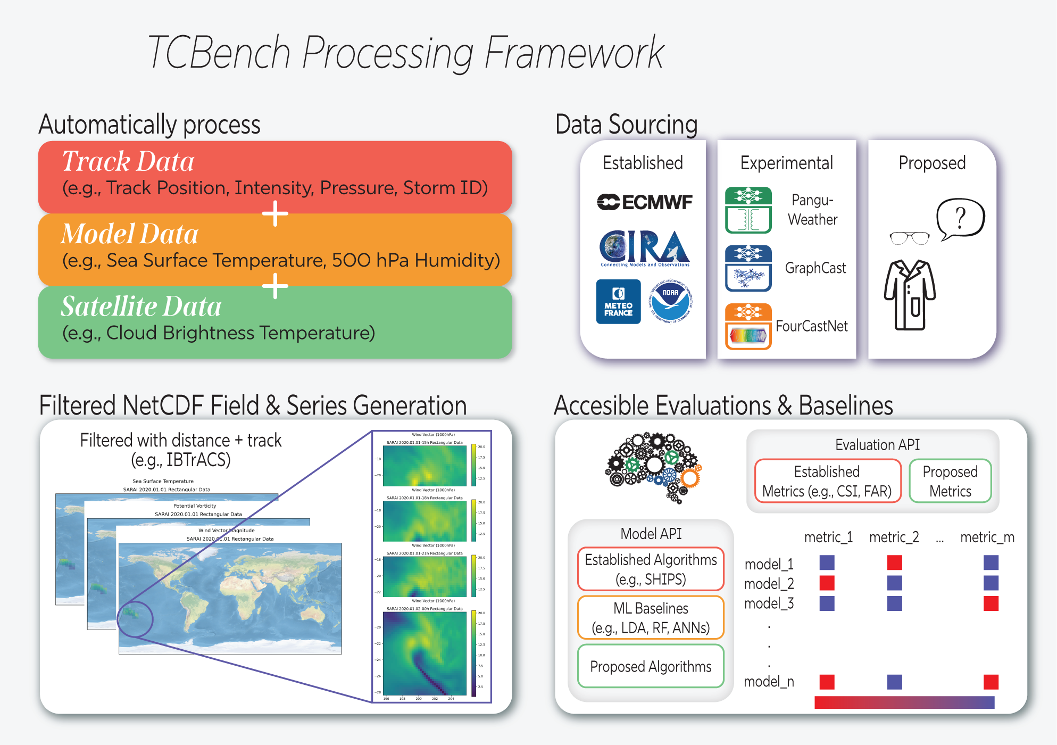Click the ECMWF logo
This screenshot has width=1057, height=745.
click(x=644, y=202)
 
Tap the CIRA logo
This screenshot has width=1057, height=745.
click(x=644, y=248)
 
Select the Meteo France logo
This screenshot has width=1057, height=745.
click(x=618, y=302)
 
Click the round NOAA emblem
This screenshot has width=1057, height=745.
click(x=670, y=302)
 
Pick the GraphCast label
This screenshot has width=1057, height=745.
click(x=815, y=268)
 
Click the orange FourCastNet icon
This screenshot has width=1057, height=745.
click(x=748, y=326)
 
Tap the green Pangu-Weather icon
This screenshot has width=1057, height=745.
click(x=748, y=210)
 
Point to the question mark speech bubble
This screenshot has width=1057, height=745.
click(x=960, y=218)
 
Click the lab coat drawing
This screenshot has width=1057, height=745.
click(x=910, y=295)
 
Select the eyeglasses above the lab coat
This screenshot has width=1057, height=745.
click(x=910, y=238)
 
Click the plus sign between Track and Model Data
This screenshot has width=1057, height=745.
click(x=275, y=213)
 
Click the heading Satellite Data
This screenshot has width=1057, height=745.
click(x=141, y=307)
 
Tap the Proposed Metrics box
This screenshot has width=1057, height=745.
click(x=950, y=481)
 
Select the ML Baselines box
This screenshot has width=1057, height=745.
click(x=651, y=618)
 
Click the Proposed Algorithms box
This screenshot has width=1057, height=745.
click(x=651, y=666)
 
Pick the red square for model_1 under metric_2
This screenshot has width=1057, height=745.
click(x=894, y=562)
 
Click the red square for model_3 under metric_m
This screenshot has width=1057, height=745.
click(x=991, y=603)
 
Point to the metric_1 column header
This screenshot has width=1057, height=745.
click(x=828, y=537)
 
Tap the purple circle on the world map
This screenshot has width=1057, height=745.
click(x=135, y=619)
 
